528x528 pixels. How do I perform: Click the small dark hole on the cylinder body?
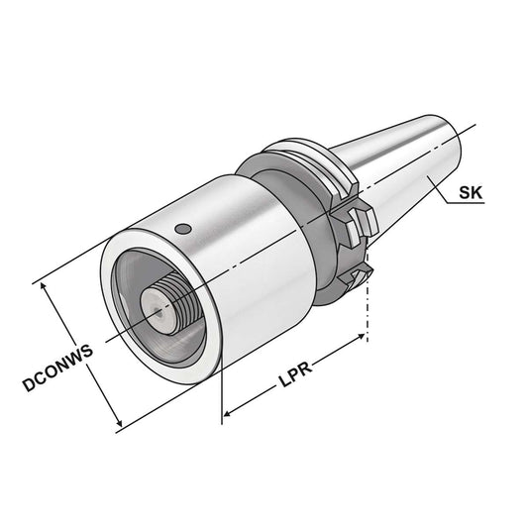point(182,229)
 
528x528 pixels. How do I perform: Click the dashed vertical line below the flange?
point(369,307)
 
